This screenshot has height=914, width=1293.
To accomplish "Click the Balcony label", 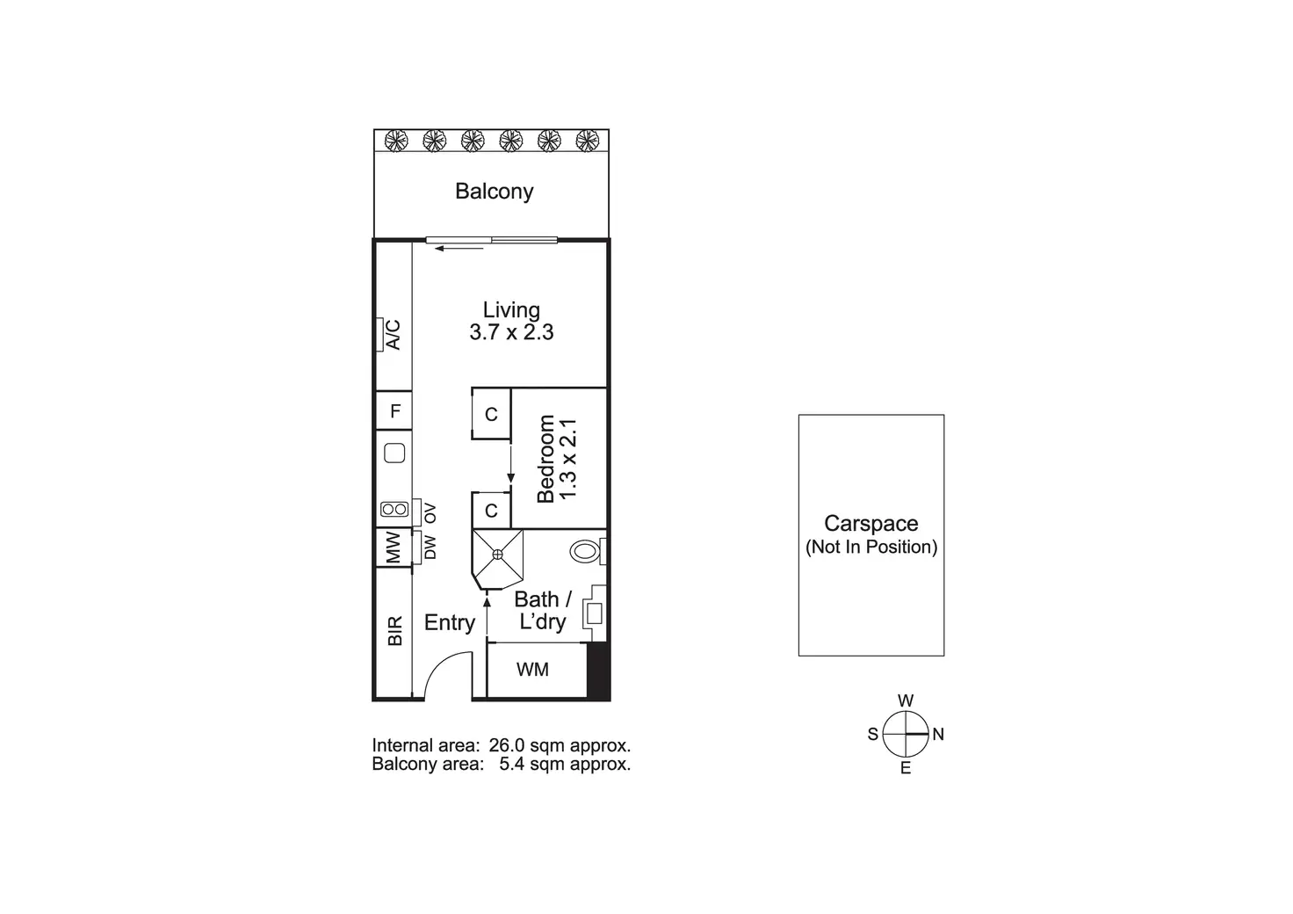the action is tap(494, 192).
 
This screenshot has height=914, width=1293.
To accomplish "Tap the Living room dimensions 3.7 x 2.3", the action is tap(511, 332).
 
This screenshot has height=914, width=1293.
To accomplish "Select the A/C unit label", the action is tap(394, 334).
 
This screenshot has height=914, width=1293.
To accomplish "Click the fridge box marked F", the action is tap(395, 410).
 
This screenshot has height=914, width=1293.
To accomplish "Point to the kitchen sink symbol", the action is tap(395, 453).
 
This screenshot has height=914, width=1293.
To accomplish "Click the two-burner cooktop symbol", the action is tap(394, 509).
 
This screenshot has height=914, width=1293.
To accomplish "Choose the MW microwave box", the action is tap(393, 547).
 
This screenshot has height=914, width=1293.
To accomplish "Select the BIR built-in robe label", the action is tap(394, 631).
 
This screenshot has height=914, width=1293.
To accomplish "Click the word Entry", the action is tap(450, 623).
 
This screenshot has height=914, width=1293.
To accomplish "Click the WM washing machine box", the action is tap(533, 670).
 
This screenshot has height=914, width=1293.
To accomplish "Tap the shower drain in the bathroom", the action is tap(497, 554).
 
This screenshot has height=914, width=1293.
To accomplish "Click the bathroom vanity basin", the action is tap(593, 613).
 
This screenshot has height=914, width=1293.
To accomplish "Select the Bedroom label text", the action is tap(545, 459).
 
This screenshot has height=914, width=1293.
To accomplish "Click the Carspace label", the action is tap(870, 524).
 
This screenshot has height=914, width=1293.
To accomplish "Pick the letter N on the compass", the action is tap(938, 734).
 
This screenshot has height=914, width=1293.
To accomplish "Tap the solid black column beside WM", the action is tap(597, 671).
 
